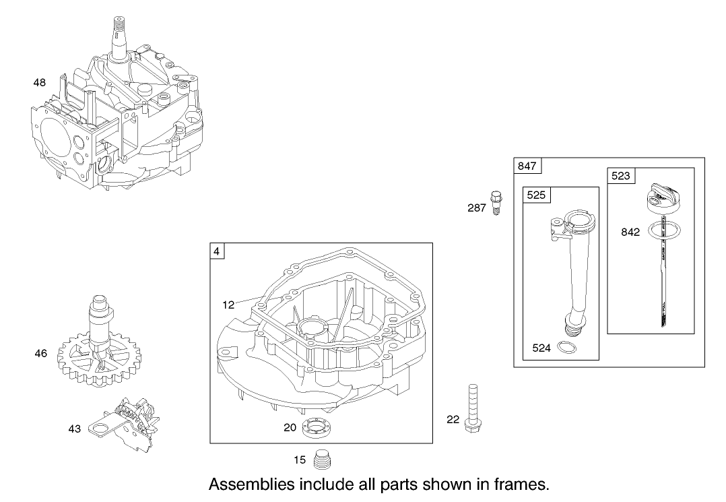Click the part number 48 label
click(x=40, y=83)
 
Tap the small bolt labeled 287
click(x=496, y=201)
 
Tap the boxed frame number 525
click(x=535, y=195)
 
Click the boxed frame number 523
click(x=620, y=176)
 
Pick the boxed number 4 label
click(x=217, y=252)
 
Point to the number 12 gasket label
click(x=228, y=305)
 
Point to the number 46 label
click(x=41, y=353)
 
